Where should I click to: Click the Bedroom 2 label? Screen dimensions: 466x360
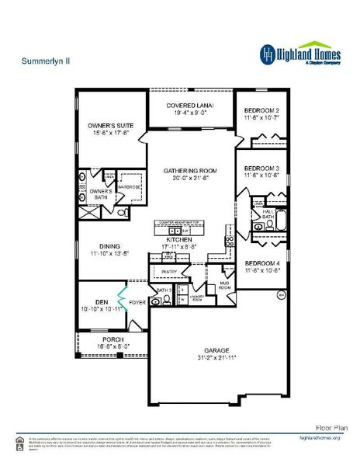(261, 110)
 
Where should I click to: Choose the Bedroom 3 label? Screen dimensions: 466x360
(261, 169)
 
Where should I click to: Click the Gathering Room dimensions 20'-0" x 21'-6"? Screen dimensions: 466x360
(190, 178)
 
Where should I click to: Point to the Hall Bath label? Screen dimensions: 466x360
(268, 213)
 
